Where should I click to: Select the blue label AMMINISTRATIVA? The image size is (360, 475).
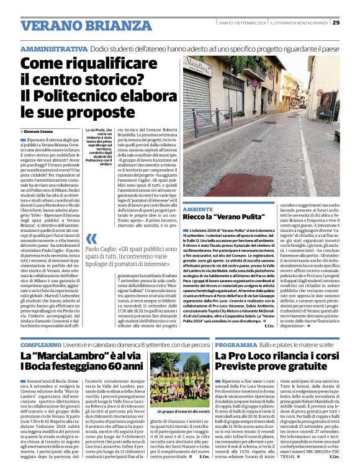point(53,48)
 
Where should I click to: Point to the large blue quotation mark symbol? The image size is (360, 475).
point(92,239)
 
